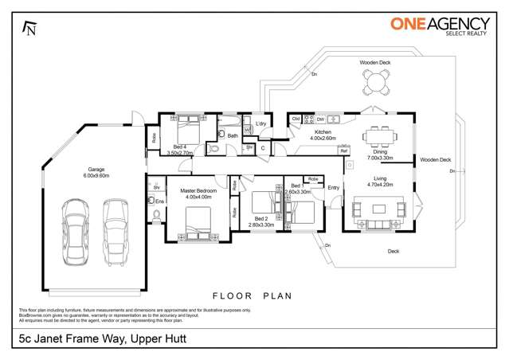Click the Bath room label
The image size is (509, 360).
(x=233, y=135)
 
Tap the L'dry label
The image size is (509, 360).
(x=260, y=123)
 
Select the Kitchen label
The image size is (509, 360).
(x=323, y=131)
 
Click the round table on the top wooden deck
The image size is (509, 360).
(x=374, y=80)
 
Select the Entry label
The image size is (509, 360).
(x=333, y=188)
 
